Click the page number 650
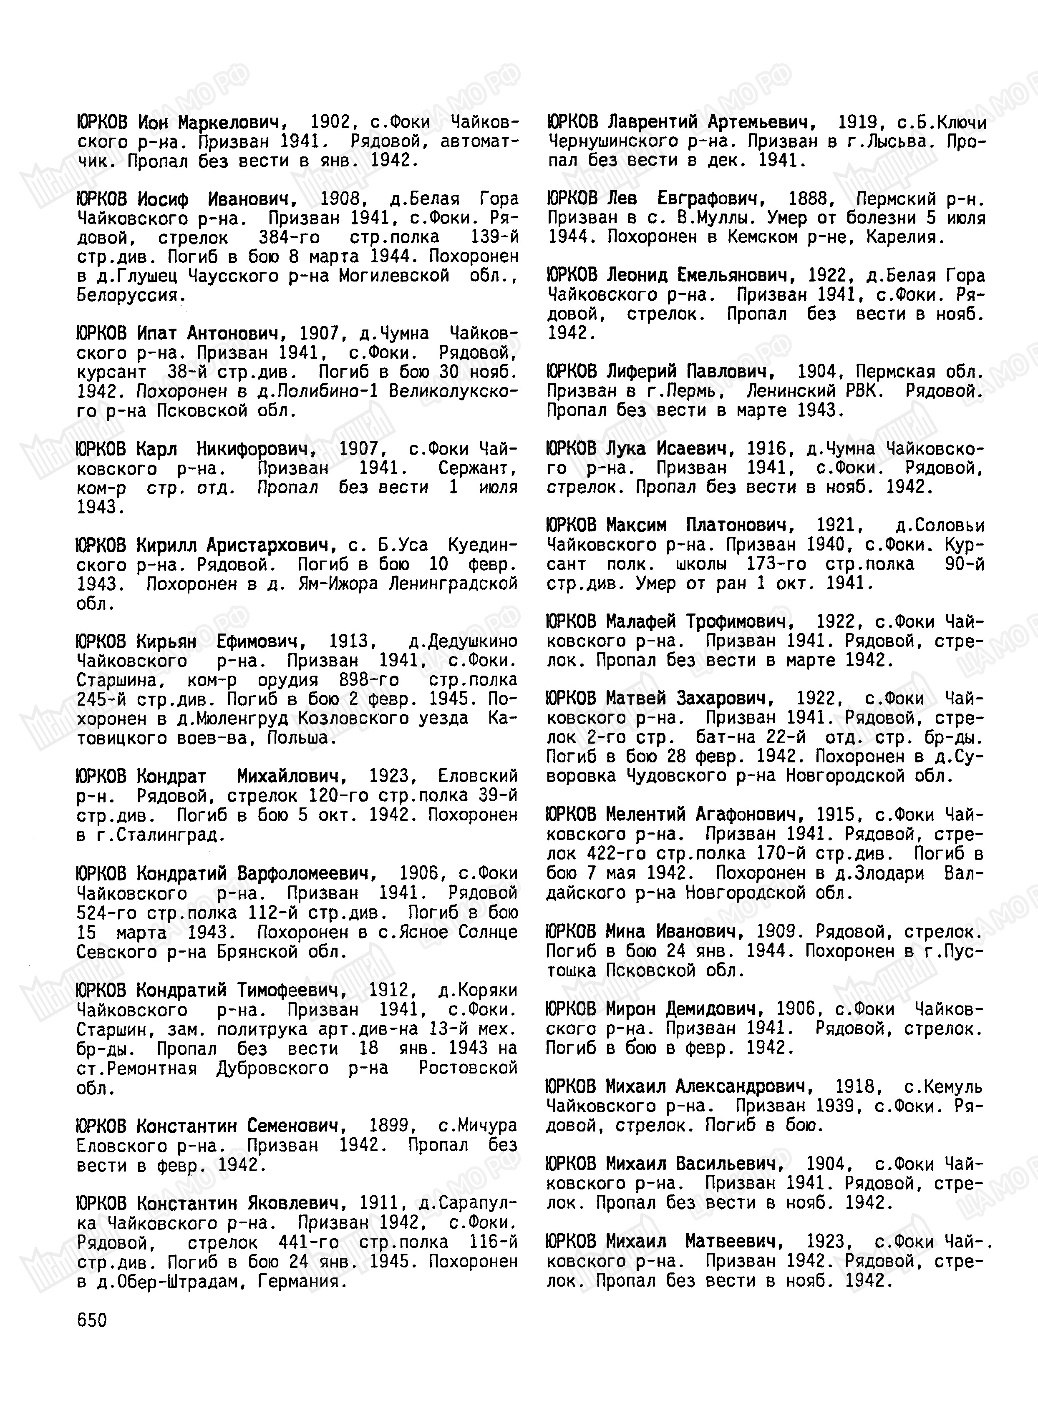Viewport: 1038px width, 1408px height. (92, 1320)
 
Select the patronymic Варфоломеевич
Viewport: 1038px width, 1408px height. (307, 874)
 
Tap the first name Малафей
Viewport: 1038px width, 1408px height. (641, 622)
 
